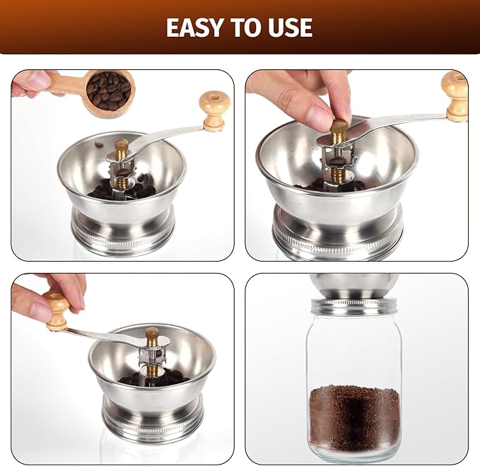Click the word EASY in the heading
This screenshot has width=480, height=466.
tap(194, 28)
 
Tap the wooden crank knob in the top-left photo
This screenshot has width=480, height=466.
tap(214, 110)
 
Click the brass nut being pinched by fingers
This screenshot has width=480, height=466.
tap(339, 132)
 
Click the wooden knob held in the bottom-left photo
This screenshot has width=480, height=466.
tap(57, 310)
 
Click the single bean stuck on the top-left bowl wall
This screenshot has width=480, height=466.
tap(98, 144)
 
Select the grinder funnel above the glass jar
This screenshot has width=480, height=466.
tap(354, 286)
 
